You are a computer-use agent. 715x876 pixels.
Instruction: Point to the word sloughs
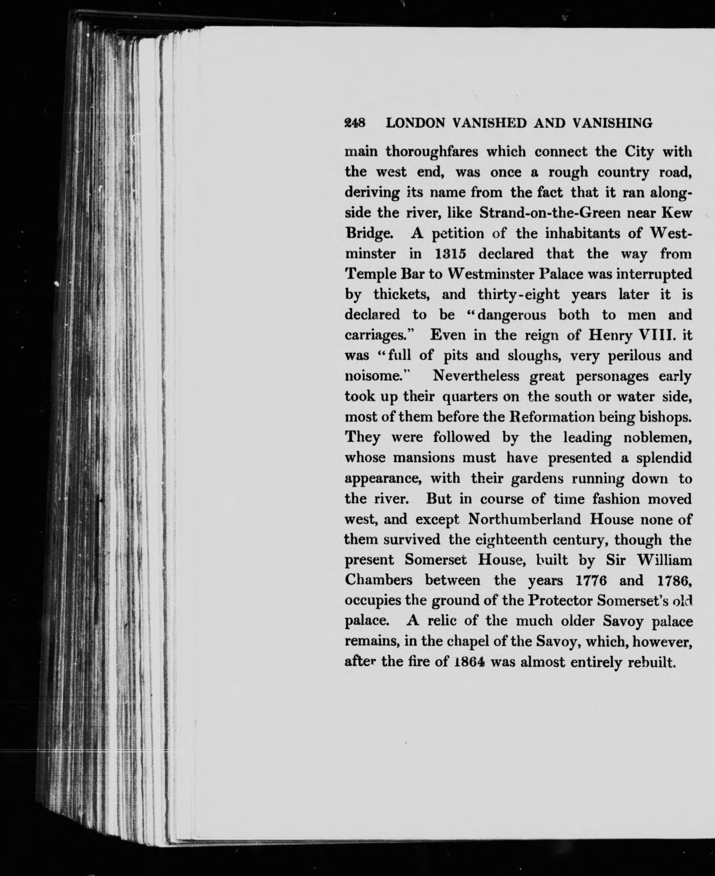pos(533,356)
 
